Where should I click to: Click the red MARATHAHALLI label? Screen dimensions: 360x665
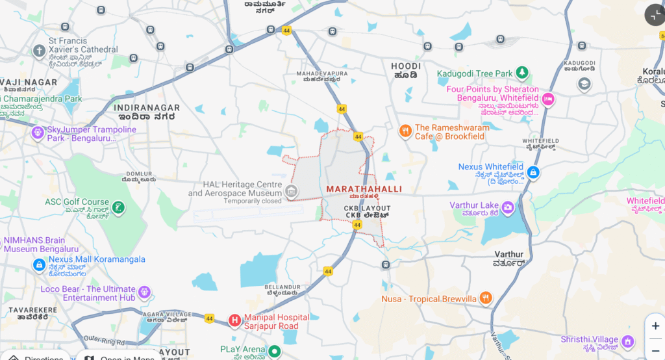[x=364, y=188]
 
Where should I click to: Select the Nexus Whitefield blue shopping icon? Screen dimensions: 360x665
[x=533, y=172]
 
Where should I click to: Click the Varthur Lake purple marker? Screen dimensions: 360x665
[x=508, y=207]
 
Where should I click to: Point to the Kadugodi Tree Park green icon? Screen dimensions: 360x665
[x=521, y=73]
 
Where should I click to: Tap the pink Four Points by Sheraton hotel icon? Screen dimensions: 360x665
[x=548, y=99]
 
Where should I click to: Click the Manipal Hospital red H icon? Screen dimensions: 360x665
[x=234, y=320]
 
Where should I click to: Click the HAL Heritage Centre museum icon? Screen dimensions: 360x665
[x=292, y=190]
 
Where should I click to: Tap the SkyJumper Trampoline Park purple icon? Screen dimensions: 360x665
[x=38, y=133]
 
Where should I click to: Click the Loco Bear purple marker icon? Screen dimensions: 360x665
[x=144, y=292]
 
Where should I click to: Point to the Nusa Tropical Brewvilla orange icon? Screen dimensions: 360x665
[x=485, y=298]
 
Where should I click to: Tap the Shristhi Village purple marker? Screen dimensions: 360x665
[x=628, y=341]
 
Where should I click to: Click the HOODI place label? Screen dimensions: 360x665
[x=406, y=66]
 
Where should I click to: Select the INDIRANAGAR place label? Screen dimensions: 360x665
[x=144, y=108]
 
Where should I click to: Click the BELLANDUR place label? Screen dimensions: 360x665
[x=282, y=287]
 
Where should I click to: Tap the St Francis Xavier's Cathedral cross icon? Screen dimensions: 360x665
[x=39, y=51]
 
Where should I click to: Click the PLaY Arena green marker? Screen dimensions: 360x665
[x=274, y=352]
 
